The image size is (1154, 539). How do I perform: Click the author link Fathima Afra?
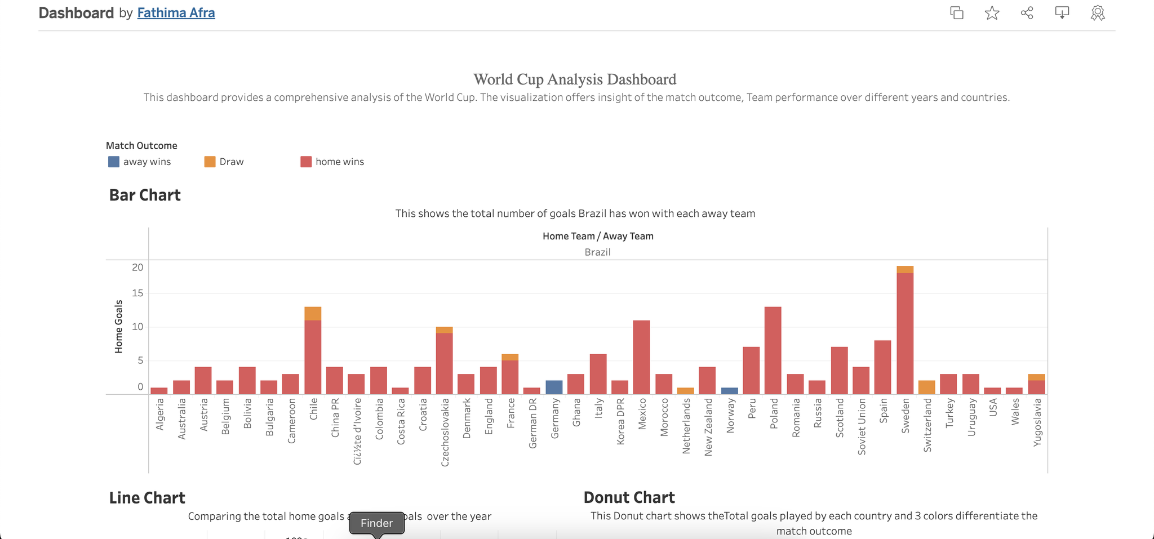coord(176,13)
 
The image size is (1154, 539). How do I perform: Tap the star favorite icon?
coord(992,13)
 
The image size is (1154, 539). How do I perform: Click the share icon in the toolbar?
coord(1027,13)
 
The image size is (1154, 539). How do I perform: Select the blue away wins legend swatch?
coord(114,162)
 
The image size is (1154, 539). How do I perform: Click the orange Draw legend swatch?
coord(210,162)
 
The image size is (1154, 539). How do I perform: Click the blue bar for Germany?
coord(554,387)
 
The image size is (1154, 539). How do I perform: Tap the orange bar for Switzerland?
coord(927,387)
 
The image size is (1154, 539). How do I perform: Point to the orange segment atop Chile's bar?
coord(313,314)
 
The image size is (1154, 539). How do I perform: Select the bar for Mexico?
coord(641,357)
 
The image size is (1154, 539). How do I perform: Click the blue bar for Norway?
coord(730,391)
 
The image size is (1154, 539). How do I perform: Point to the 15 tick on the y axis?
coord(137,293)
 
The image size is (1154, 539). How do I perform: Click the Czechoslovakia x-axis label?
coord(445,432)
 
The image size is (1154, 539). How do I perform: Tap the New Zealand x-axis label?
coord(708,427)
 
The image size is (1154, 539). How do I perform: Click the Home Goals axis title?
coord(119,327)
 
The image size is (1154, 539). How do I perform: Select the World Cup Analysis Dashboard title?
coord(575,79)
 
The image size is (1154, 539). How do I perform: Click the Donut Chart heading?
coord(629,498)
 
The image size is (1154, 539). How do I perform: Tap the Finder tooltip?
coord(376,523)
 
